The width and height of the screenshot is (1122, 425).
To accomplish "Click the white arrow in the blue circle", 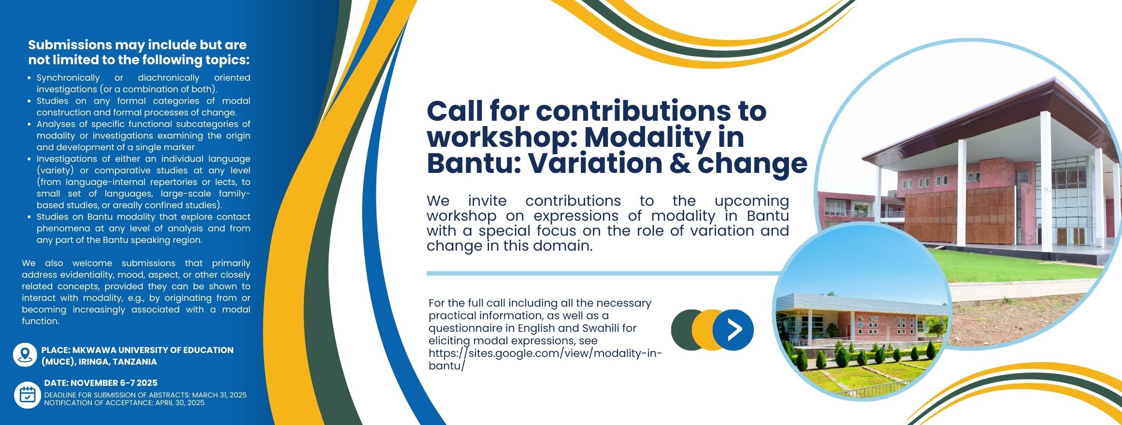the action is [734, 330].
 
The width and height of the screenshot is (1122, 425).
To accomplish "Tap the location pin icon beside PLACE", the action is [25, 355].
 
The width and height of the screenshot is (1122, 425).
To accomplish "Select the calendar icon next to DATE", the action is [27, 395].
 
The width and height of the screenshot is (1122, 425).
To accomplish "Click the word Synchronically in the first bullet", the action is [68, 78].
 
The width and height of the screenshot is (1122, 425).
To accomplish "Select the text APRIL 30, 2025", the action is [180, 403].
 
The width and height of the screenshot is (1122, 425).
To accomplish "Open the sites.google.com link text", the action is [545, 359].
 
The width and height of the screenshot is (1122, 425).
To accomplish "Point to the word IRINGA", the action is [95, 362].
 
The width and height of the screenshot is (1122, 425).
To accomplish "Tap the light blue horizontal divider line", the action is [604, 273].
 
